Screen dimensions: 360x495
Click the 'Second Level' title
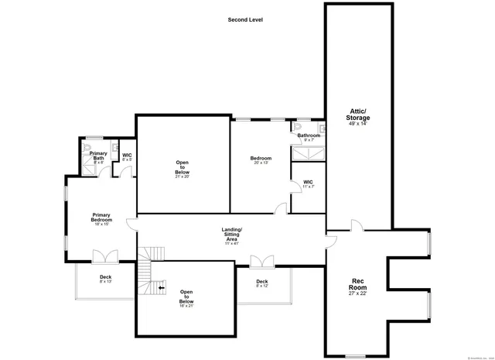[245, 19]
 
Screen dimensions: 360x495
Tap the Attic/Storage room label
[357, 118]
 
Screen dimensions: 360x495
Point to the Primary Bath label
[98, 157]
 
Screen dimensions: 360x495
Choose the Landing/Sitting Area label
[232, 235]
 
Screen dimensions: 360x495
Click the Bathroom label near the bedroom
[309, 136]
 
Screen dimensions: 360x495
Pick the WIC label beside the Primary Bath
[127, 156]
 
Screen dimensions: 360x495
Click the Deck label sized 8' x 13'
[105, 279]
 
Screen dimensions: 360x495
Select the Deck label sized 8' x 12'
[261, 283]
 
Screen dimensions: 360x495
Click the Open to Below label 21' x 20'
[183, 169]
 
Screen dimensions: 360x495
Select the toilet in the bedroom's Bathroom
[298, 127]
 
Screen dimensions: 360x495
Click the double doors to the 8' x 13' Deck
[104, 257]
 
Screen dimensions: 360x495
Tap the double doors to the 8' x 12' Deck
[261, 262]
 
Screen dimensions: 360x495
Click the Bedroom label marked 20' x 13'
[261, 160]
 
